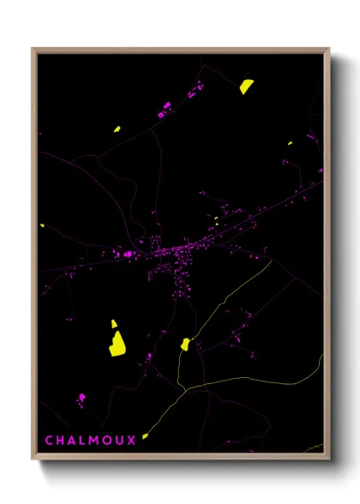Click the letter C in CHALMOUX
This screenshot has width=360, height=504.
point(49,441)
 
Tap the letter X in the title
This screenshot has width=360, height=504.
point(132,441)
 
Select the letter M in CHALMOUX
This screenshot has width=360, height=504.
point(94,441)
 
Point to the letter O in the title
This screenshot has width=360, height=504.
point(107,441)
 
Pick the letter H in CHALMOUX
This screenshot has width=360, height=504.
point(61,441)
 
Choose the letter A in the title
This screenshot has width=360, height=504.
point(72,441)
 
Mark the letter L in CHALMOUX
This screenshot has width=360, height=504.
point(83,441)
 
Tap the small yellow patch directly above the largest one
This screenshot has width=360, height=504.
point(113,324)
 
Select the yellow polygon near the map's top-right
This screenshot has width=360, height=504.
point(246,86)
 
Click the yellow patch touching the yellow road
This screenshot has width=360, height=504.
point(185,345)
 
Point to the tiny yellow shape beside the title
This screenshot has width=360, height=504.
point(145,436)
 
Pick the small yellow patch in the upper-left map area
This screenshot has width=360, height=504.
point(117,129)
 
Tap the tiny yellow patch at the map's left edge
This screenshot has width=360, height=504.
point(42,225)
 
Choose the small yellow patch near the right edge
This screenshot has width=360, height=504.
point(291,142)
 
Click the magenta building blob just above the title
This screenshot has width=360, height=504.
point(81,398)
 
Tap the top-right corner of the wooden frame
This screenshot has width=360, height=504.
point(328,50)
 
